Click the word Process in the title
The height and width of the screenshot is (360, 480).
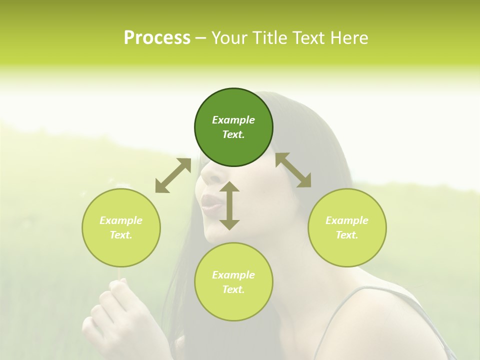point(157,38)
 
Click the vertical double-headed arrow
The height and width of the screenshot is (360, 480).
point(229,205)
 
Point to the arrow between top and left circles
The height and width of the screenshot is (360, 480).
point(173,175)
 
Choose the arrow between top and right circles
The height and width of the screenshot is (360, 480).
point(293,170)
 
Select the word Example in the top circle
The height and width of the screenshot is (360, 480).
point(233,120)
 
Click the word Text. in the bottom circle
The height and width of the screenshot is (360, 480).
point(233,289)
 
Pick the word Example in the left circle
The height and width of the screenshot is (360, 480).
point(121,220)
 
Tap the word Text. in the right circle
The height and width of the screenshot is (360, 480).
point(347,235)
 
